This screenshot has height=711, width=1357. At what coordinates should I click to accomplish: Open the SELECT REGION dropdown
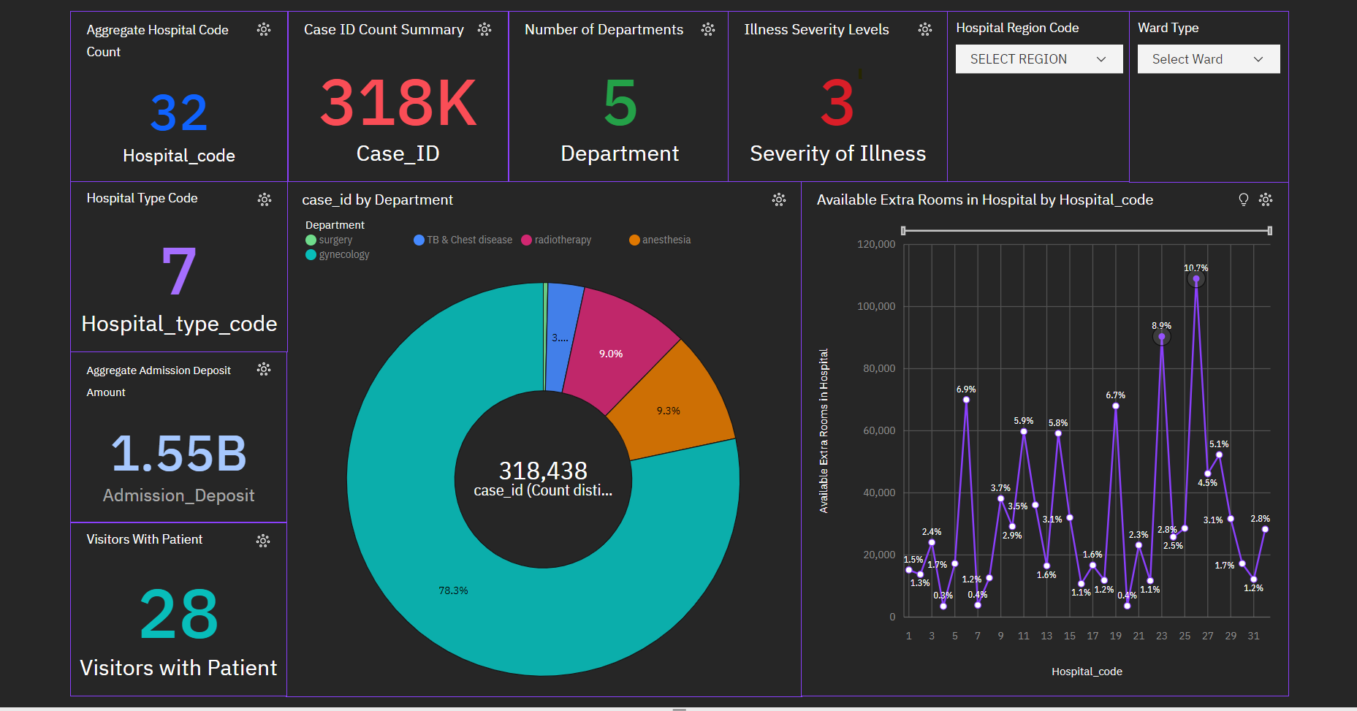1038,59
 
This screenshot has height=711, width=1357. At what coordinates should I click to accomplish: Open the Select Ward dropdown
1208,59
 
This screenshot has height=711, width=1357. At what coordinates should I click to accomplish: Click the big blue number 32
179,113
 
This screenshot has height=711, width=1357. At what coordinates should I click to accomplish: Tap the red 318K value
398,103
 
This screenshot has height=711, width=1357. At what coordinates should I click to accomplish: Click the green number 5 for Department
620,103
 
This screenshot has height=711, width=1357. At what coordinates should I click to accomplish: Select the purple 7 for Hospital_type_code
179,272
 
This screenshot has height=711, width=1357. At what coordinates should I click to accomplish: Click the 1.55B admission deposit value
179,454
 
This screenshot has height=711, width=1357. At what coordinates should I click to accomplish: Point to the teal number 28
179,615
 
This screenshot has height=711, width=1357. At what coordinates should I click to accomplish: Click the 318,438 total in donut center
543,471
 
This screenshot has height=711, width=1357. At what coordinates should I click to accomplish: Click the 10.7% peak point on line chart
1196,279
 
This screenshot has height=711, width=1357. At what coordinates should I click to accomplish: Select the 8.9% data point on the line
1161,337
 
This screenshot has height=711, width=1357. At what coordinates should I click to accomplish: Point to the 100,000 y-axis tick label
875,306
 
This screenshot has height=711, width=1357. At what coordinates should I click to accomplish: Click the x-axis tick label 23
1161,636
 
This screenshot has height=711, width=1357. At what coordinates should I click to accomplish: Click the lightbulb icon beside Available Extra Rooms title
1243,199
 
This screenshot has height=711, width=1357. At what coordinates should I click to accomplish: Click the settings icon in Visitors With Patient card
263,540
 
